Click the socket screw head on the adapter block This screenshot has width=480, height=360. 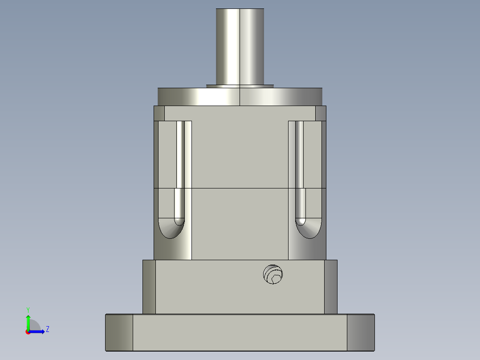click(273, 274)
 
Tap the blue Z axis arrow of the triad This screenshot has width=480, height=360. click(38, 331)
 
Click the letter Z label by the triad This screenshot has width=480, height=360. click(47, 329)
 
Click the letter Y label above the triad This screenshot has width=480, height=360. click(28, 309)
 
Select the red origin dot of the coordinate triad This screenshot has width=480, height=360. click(28, 331)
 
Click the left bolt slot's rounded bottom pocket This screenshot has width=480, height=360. click(171, 229)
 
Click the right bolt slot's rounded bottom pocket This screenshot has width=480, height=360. click(309, 229)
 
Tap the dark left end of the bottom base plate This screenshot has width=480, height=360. click(119, 332)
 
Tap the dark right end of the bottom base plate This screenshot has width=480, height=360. click(361, 332)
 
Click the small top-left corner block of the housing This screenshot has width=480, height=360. click(159, 113)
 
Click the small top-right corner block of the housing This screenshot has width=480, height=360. click(321, 113)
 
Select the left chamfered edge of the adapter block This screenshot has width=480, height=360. click(149, 286)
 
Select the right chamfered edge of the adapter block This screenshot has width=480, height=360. click(330, 286)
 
